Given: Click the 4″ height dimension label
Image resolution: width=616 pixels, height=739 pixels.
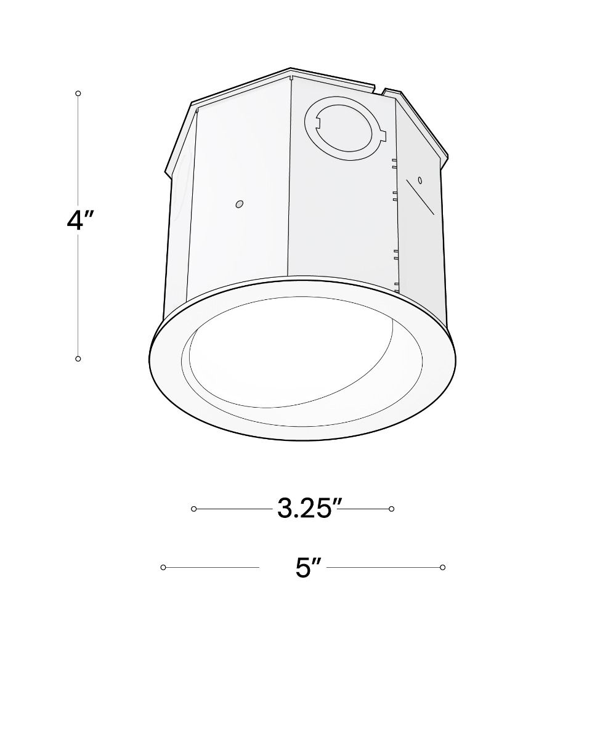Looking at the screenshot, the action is tap(80, 220).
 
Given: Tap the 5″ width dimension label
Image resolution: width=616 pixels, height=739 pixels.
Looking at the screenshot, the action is tap(309, 568).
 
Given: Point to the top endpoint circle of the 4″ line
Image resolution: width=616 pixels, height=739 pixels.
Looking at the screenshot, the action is tap(78, 94).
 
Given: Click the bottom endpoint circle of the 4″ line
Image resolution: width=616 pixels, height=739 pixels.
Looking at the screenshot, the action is tap(78, 358).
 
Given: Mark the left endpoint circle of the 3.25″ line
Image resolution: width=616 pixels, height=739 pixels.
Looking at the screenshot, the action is tap(193, 509).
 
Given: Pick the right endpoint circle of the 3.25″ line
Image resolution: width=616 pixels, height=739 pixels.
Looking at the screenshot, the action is tap(392, 509).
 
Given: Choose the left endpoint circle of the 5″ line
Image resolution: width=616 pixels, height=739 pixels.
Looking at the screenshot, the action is tap(163, 567).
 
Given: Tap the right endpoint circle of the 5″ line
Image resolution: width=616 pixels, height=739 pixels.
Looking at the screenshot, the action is tap(442, 567).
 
